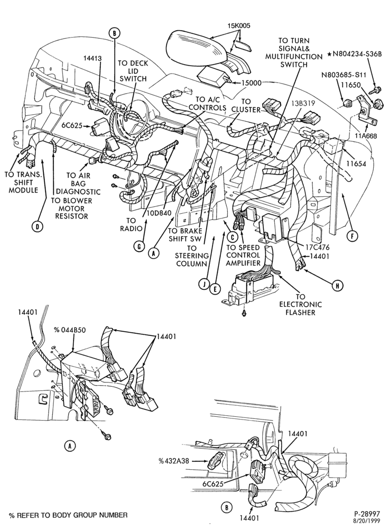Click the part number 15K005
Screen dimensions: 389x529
pos(239,25)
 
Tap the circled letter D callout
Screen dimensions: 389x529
pos(38,226)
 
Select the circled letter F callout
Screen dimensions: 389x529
pos(352,236)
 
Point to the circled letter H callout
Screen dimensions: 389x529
pos(337,286)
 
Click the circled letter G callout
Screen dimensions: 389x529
pos(139,247)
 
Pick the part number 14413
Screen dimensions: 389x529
pos(92,58)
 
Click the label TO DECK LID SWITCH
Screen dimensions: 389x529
pos(133,71)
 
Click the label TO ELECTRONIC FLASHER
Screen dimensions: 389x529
pos(300,305)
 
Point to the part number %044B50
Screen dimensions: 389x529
pos(70,330)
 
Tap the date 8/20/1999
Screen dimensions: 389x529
pos(367,522)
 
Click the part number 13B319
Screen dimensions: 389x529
pos(303,104)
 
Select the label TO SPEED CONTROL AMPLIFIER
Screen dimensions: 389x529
pos(243,255)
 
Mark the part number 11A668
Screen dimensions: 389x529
pos(365,136)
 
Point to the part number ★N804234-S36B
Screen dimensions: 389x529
pos(355,54)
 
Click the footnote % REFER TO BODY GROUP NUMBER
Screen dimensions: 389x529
pos(68,515)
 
